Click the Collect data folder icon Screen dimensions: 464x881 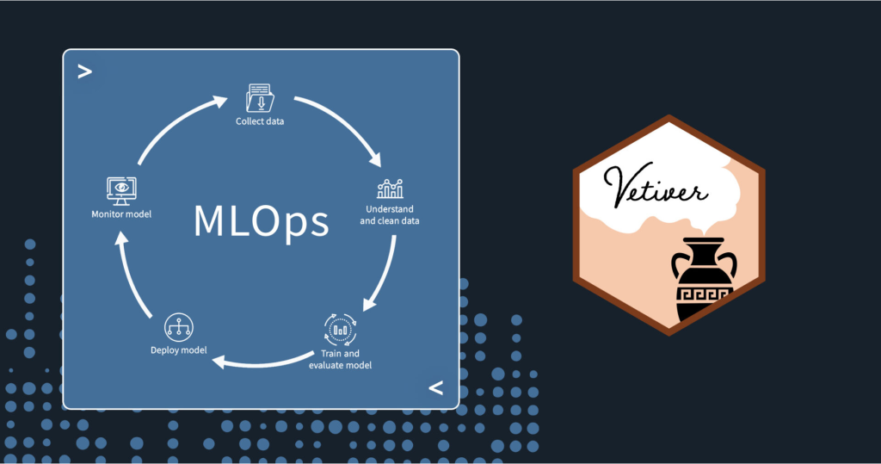coord(260,97)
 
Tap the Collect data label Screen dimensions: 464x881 coord(260,121)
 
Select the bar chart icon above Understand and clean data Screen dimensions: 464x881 coord(390,189)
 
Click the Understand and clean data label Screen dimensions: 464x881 coord(390,214)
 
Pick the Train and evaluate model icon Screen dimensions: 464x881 coord(340,328)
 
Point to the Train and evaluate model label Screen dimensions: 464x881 coord(340,359)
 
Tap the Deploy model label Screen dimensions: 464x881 coord(178,350)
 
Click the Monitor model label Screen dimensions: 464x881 coord(121,213)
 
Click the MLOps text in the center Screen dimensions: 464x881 coord(262,221)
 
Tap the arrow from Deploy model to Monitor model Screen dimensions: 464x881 coord(133,275)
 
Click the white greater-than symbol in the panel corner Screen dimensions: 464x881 coord(84,71)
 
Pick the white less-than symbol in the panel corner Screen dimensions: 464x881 coord(436,388)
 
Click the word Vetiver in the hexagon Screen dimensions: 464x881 coord(656,185)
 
